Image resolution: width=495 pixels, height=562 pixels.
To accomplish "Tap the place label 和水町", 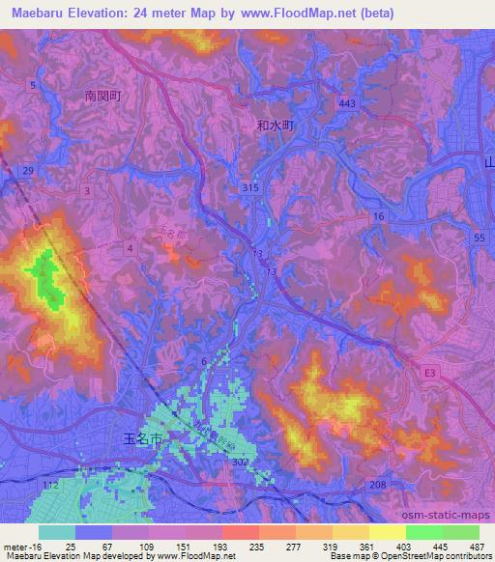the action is point(275,125).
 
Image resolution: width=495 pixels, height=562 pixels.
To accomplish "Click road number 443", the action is point(348,102).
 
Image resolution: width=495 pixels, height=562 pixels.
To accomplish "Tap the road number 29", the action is point(28,171).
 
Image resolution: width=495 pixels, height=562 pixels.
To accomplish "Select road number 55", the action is point(479,237).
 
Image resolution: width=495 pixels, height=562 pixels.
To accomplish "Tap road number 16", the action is point(379,217).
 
